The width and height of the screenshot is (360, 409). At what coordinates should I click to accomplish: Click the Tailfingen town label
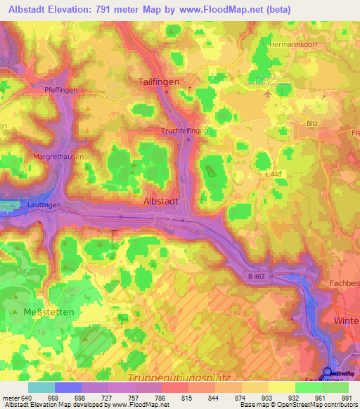coord(160,82)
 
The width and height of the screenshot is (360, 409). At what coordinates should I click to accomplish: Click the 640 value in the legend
coord(27,397)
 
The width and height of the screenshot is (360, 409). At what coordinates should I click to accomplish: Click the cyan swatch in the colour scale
coord(41,387)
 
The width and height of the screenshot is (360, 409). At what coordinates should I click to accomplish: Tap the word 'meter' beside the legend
coord(11,397)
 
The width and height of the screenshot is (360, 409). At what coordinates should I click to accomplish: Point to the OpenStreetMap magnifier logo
coord(328,372)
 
